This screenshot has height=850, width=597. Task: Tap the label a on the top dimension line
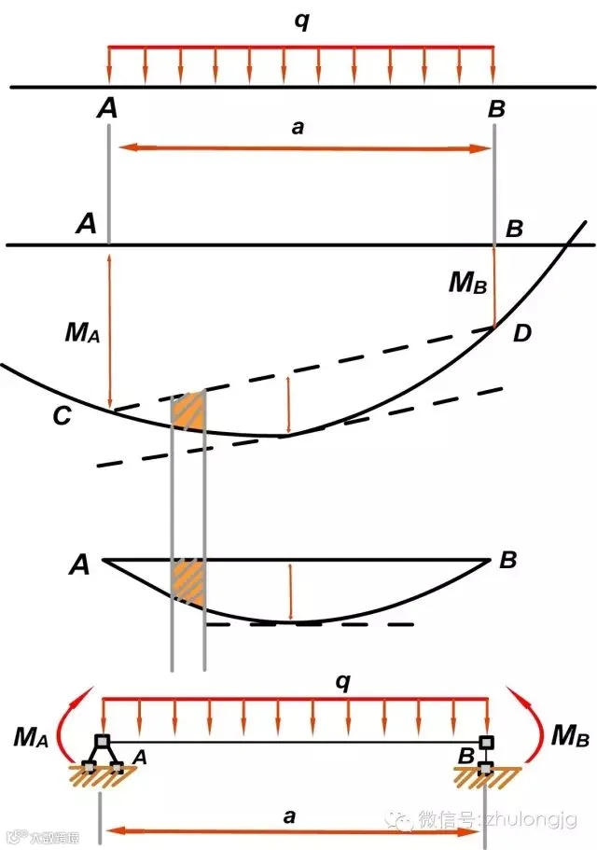tap(298, 129)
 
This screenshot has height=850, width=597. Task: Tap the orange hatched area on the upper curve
tap(188, 411)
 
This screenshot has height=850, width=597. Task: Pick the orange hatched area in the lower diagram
tap(187, 579)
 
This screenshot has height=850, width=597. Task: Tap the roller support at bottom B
tap(486, 756)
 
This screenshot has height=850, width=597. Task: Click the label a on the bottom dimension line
tap(289, 817)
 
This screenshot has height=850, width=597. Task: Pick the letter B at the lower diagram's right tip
tap(508, 561)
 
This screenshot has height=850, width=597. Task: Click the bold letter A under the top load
tap(107, 109)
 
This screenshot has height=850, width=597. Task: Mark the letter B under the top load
tap(496, 109)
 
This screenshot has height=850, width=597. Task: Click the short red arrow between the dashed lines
tap(288, 404)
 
